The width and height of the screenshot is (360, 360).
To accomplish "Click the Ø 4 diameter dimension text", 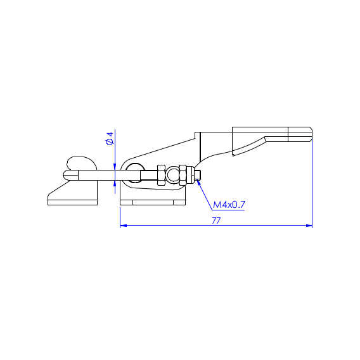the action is (x=110, y=138).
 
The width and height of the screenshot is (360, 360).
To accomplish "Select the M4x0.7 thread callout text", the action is (x=229, y=205).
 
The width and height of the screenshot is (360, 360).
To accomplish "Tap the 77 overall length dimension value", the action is (x=216, y=221).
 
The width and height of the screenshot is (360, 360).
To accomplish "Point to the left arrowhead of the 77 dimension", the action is (x=124, y=226).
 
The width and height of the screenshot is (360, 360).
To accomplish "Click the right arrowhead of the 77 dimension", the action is (x=309, y=226).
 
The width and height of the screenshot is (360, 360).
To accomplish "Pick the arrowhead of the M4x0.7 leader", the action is (x=199, y=183).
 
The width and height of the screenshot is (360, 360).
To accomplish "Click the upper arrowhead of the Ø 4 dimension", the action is (x=115, y=167).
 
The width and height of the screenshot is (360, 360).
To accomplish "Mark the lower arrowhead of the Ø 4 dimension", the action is (x=115, y=184).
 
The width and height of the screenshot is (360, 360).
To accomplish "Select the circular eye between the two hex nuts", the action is (x=172, y=175).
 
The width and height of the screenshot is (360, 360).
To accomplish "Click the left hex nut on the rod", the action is (x=161, y=175).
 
